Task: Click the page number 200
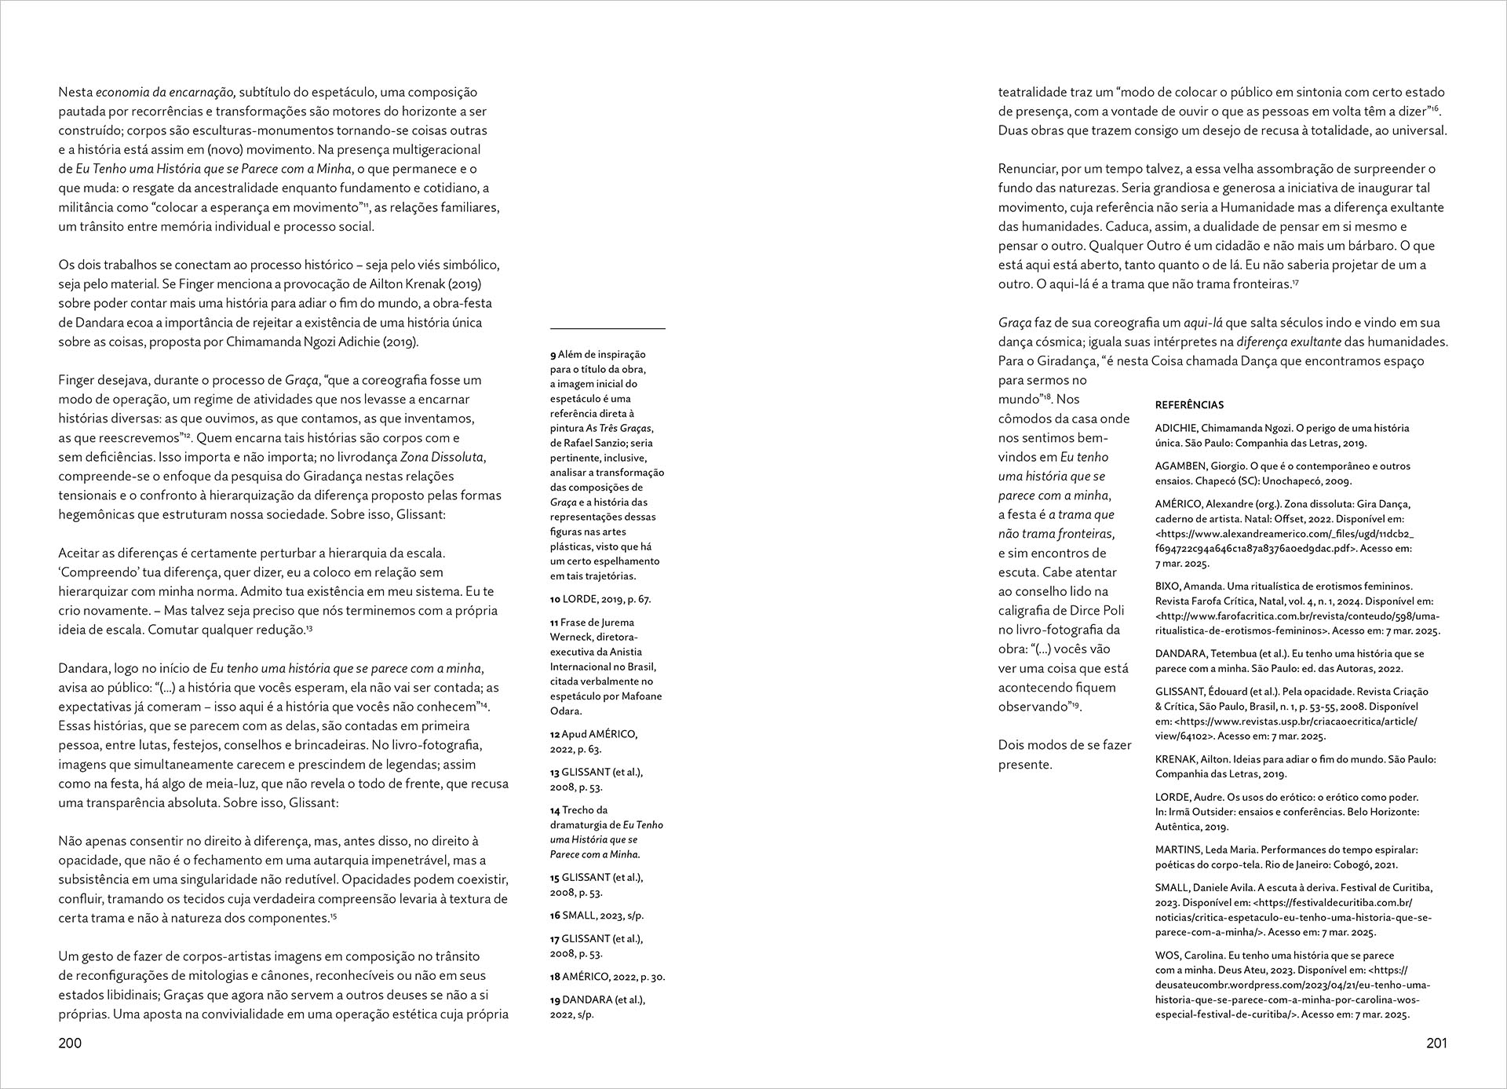pos(70,1043)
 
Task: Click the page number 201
pos(1436,1043)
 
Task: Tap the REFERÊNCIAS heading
pos(1189,405)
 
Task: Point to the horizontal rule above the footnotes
pos(608,328)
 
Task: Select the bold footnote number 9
pos(553,355)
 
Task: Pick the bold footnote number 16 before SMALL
pos(555,915)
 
